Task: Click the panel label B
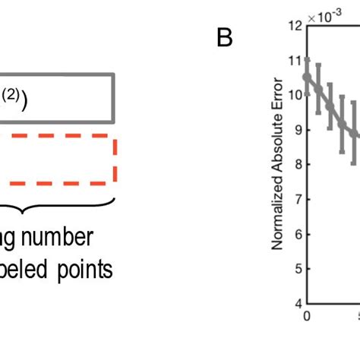click(x=224, y=38)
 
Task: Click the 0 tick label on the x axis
click(x=307, y=315)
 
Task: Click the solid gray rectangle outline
click(x=113, y=97)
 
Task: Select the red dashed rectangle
click(x=113, y=160)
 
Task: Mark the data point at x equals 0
click(x=307, y=77)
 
